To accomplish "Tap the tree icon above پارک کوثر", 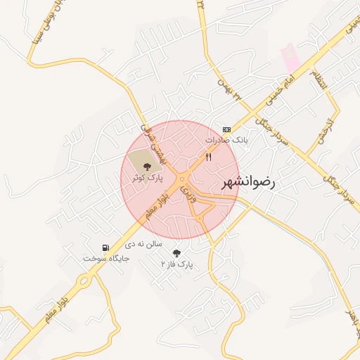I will pos(147,167).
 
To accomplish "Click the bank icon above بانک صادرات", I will pos(226,129).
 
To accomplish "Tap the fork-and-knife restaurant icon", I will pos(208,157).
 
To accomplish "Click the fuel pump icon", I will pos(105,247).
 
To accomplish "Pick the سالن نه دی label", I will pos(143,244).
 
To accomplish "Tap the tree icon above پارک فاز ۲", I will pos(176,253).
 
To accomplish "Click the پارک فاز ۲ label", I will pos(176,264).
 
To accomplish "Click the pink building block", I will pos(290,58).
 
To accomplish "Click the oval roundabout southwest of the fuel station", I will pos(84,282).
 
